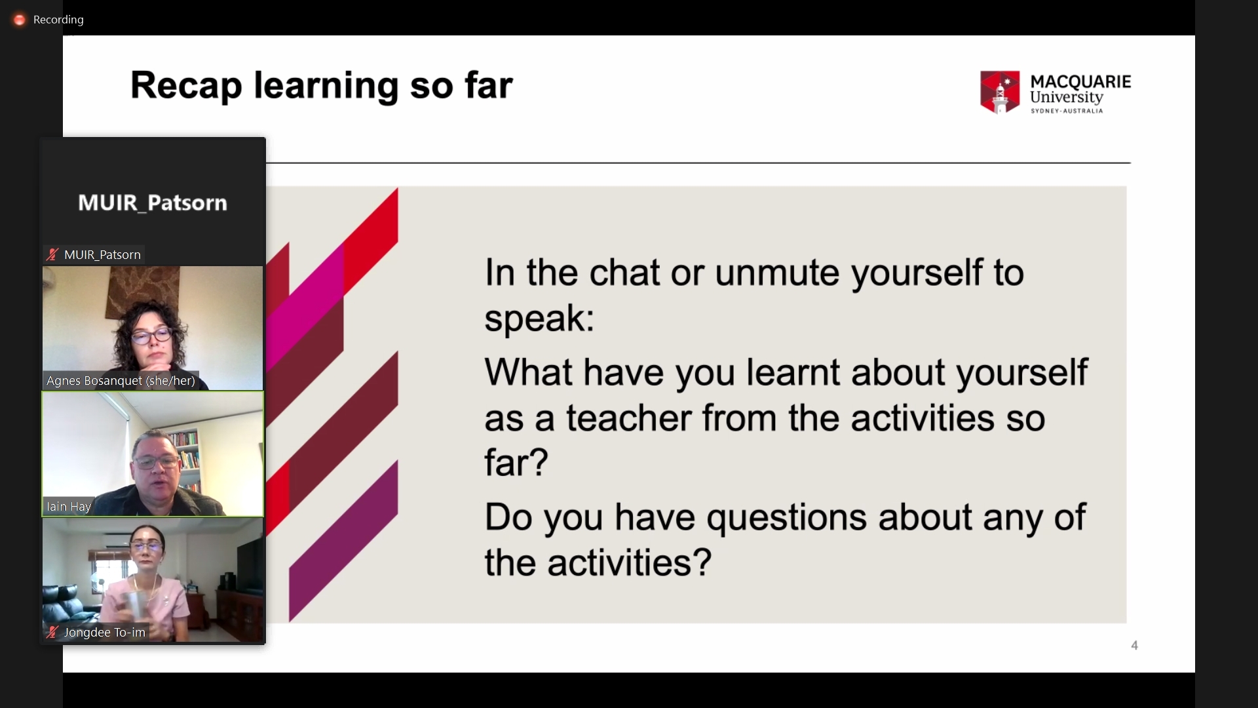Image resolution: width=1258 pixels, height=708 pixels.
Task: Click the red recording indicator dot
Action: [20, 20]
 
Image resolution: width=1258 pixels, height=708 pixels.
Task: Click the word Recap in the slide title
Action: [186, 87]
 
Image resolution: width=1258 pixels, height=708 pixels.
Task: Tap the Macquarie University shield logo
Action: [1000, 92]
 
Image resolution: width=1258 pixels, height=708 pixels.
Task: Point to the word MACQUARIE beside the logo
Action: [1080, 82]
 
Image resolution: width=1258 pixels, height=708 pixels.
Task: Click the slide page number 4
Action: [1134, 646]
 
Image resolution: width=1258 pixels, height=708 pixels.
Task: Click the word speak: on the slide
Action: [539, 319]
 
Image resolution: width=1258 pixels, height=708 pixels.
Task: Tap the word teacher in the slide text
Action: [629, 418]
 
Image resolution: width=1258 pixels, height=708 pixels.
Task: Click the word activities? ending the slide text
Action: [630, 563]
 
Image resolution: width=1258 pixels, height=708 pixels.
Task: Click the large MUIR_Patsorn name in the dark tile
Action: [153, 203]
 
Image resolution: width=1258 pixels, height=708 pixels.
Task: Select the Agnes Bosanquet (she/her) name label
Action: [121, 381]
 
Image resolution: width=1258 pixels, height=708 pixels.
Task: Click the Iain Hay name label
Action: [68, 507]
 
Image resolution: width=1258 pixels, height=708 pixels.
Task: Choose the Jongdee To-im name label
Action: [105, 633]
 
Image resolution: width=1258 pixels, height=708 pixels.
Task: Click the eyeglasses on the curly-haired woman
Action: [152, 336]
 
